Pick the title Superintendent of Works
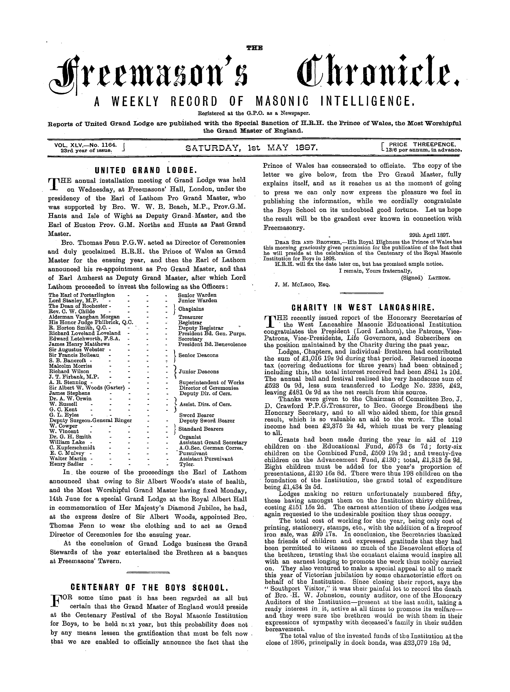[x=212, y=383]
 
